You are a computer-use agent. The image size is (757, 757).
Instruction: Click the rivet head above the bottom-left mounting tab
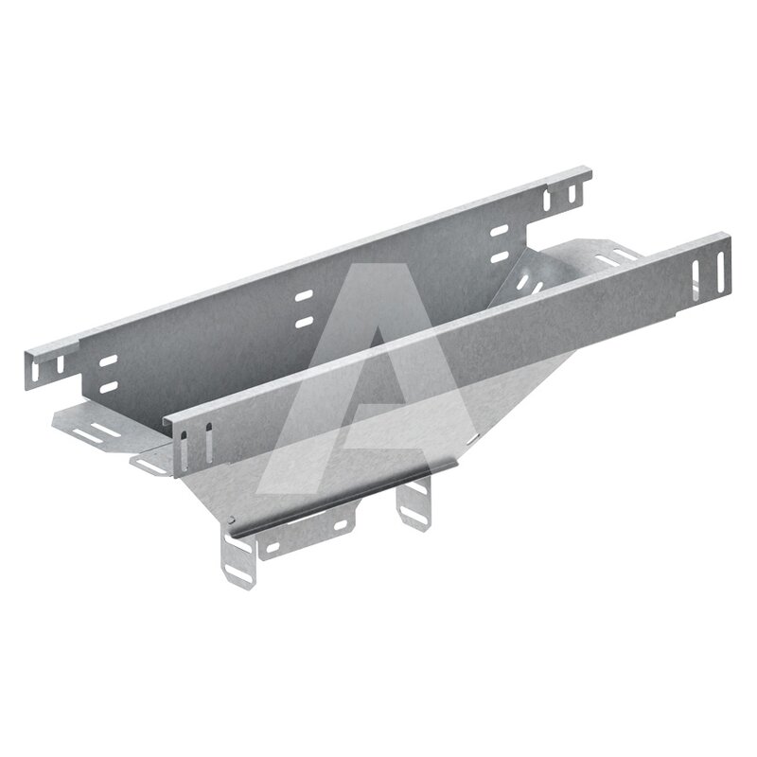point(232,519)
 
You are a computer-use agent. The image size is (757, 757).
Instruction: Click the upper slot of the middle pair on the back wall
point(304,295)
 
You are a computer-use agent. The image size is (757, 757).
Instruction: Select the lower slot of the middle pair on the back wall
point(304,322)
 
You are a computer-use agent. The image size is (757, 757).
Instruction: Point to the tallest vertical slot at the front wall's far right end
point(720,273)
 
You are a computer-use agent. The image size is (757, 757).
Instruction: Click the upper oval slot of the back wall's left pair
point(108,361)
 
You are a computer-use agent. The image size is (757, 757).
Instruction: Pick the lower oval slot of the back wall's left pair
point(108,387)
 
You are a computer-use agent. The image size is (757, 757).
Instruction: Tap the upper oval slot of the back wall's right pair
point(500,231)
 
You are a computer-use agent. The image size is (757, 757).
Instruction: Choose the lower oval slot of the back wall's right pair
point(500,256)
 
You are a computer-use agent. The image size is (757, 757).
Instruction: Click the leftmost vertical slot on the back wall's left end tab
point(35,369)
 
